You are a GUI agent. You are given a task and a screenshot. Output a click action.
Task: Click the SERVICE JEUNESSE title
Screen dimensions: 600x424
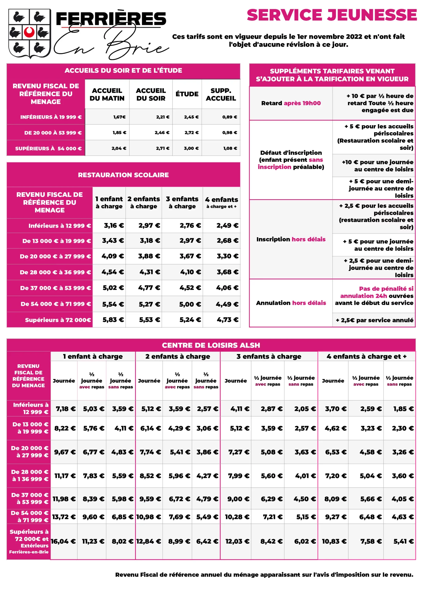(x=331, y=15)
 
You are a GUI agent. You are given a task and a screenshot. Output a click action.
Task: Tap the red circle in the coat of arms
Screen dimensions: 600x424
(x=29, y=32)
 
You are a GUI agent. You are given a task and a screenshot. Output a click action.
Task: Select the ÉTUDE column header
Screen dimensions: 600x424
(x=187, y=94)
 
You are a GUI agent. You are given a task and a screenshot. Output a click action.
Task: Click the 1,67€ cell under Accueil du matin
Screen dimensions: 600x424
(x=120, y=117)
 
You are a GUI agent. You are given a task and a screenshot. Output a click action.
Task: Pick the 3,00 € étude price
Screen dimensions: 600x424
(x=191, y=148)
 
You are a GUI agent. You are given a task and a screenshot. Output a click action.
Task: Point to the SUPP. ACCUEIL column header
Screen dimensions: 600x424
(x=221, y=94)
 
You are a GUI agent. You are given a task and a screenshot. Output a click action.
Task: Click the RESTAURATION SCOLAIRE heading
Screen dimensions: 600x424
(x=123, y=175)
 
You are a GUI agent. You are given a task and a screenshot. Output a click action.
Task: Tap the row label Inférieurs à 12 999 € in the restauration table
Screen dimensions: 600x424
(x=60, y=226)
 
